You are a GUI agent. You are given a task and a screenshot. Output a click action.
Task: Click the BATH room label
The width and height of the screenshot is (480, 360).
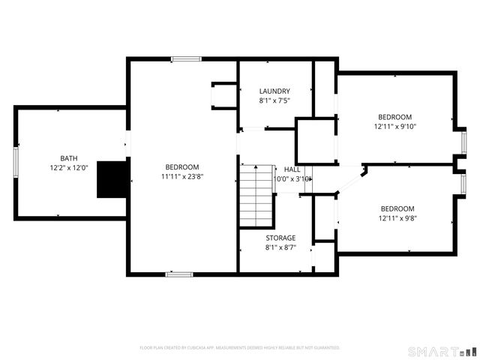(x=69, y=158)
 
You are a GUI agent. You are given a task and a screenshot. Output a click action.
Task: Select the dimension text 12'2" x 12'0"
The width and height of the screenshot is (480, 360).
(x=69, y=168)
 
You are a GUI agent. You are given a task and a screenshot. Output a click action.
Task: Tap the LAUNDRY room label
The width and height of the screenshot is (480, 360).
(x=274, y=91)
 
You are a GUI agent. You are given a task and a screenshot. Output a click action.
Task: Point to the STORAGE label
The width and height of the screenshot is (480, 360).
(x=280, y=238)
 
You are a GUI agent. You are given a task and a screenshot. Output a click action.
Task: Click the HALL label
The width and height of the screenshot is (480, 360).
(x=292, y=169)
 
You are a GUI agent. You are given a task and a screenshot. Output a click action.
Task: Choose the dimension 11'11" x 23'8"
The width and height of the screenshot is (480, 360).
(x=182, y=176)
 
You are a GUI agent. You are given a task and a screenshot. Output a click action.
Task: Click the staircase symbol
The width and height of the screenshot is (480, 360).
(x=254, y=196)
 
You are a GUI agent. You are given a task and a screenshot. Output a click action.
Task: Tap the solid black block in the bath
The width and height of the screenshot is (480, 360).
(x=113, y=179)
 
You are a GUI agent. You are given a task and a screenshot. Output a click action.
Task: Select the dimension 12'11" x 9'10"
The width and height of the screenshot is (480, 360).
(x=394, y=127)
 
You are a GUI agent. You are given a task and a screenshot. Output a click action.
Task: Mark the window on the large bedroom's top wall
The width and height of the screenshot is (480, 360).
(x=185, y=59)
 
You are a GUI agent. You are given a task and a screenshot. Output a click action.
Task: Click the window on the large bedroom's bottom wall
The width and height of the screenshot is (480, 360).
(x=179, y=274)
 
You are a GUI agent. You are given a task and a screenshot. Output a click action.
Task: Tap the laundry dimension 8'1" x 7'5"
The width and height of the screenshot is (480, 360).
(x=274, y=100)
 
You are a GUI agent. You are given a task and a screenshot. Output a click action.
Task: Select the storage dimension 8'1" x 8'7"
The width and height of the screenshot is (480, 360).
(x=280, y=247)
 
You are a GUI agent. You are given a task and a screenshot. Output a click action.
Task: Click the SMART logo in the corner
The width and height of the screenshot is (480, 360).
(x=441, y=351)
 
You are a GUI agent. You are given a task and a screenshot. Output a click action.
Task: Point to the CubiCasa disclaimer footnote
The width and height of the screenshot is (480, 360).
(x=239, y=348)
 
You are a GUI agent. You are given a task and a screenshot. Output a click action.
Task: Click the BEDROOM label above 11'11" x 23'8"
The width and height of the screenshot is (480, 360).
(x=182, y=166)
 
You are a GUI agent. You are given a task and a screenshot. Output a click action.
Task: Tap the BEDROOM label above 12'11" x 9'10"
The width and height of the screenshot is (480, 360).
(x=394, y=117)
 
